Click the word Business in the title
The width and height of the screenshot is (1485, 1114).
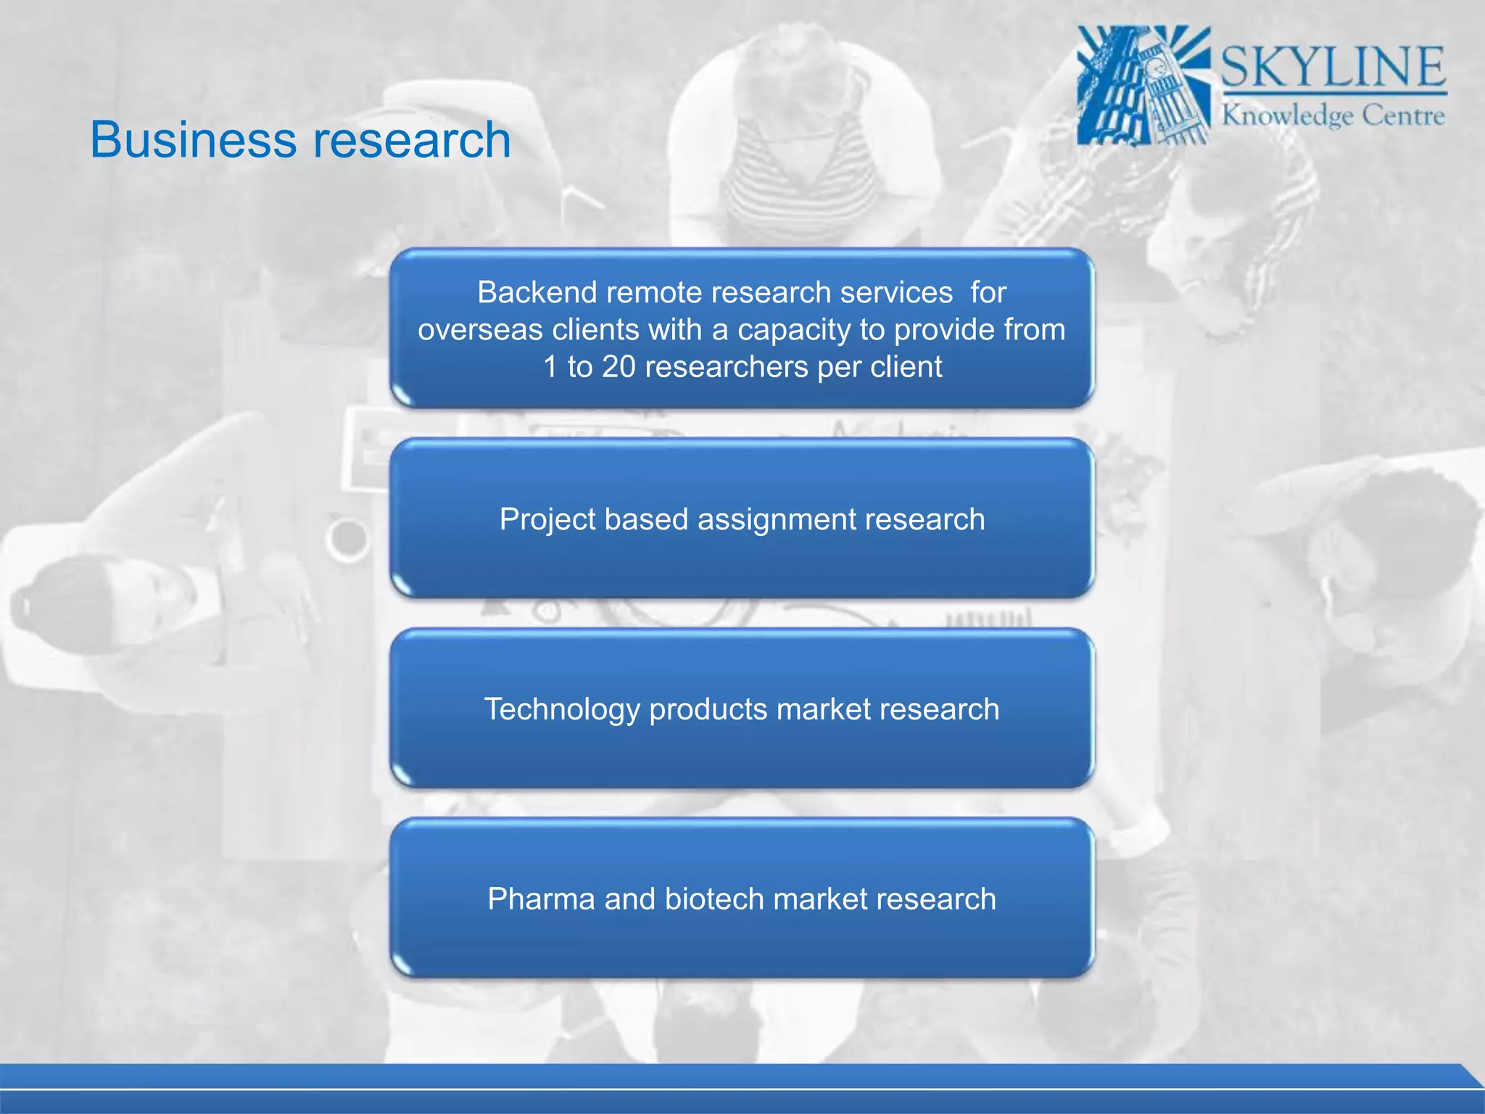coord(191,139)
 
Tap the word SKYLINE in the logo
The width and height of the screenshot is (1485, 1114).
coord(1333,67)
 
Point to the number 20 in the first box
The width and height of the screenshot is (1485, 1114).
coord(619,366)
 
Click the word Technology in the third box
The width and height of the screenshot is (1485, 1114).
coord(562,709)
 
